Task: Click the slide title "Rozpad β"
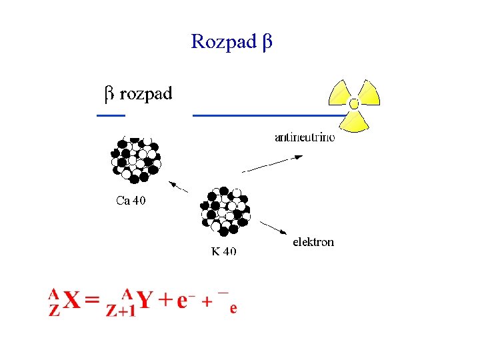tap(231, 42)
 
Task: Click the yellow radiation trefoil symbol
tap(355, 105)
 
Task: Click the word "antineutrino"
tap(305, 137)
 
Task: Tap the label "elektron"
tap(313, 242)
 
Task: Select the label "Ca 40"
tap(131, 200)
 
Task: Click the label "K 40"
tap(224, 251)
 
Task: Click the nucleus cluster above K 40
tap(225, 211)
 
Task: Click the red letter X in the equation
tap(72, 301)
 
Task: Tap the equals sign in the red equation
tap(93, 301)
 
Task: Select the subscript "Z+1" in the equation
tap(121, 311)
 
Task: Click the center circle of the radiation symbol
tap(354, 103)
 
